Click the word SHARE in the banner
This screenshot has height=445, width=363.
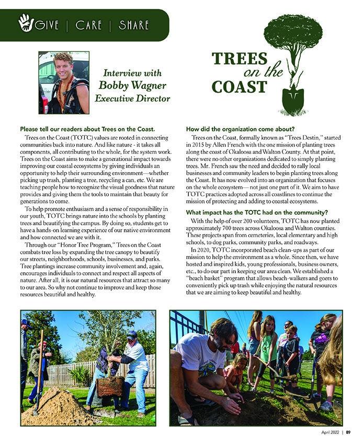tap(134, 25)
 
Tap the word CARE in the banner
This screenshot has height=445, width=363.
tap(89, 25)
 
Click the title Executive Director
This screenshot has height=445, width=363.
tap(132, 98)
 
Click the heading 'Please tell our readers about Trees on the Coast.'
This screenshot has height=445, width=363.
tap(87, 129)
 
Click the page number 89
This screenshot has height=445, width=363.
tap(348, 432)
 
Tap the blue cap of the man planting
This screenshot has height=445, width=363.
tap(132, 333)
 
